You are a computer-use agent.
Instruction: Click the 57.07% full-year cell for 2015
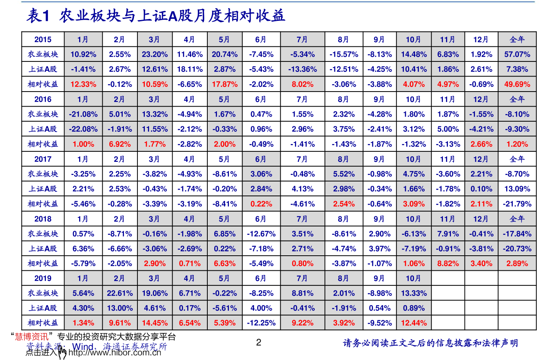click(517, 54)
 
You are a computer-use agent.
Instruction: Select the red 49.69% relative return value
click(517, 84)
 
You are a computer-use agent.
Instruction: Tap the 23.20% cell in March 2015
click(154, 54)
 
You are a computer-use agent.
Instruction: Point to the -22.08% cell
click(83, 129)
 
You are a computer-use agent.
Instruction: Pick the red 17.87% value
click(225, 84)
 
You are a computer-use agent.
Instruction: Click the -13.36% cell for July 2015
click(302, 70)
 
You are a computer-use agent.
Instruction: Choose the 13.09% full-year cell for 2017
click(517, 189)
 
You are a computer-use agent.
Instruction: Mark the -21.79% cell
click(517, 204)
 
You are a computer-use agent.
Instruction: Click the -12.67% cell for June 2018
click(261, 234)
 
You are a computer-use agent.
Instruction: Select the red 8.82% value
click(448, 264)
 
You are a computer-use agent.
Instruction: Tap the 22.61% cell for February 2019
click(120, 293)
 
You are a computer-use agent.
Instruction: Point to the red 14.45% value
click(154, 323)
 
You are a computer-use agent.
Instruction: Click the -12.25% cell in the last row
click(261, 323)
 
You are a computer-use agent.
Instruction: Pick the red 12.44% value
click(414, 323)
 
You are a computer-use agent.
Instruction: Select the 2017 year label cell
click(43, 159)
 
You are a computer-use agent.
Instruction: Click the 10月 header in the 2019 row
click(413, 278)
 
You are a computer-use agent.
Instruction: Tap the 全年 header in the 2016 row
click(517, 99)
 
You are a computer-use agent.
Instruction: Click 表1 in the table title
click(38, 16)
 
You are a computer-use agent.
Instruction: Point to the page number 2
click(259, 342)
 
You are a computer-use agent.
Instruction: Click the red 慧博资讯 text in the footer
click(32, 337)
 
